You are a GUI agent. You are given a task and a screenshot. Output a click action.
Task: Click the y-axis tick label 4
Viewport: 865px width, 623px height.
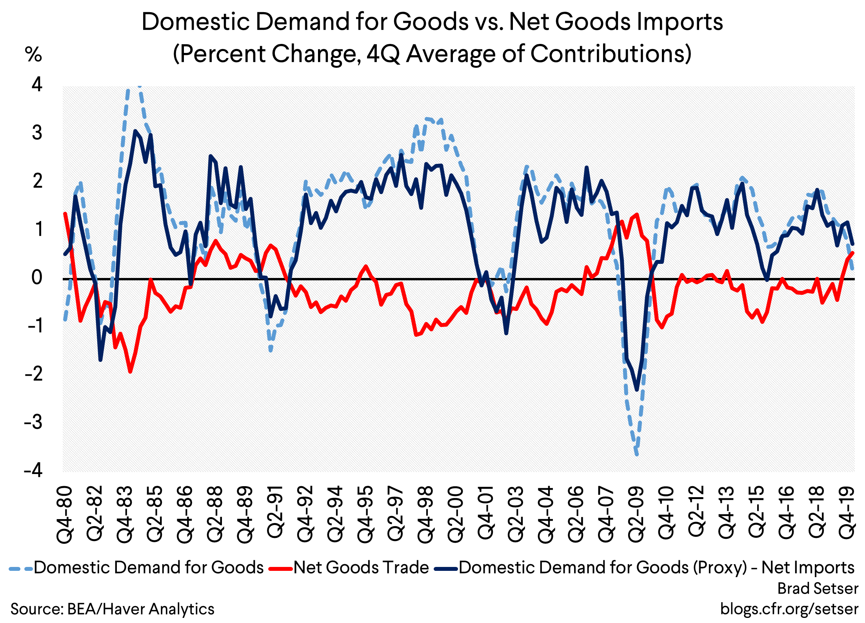coord(37,84)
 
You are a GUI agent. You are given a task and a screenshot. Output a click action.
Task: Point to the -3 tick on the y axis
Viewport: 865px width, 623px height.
coord(33,422)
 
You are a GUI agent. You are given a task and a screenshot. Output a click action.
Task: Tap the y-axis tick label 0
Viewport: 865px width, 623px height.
coord(37,278)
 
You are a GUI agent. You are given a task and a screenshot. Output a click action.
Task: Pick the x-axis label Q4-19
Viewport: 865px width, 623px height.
coord(847,515)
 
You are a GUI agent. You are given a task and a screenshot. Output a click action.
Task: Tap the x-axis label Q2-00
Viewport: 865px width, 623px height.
coord(456,515)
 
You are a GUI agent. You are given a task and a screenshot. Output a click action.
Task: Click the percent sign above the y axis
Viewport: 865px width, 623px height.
coord(33,54)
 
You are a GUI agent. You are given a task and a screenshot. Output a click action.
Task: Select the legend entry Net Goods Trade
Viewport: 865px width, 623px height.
coord(361,568)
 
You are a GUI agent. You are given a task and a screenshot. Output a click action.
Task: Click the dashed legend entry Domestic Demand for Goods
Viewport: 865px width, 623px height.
coord(148,568)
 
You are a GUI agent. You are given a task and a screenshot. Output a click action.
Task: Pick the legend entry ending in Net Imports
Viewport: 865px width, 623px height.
coord(656,568)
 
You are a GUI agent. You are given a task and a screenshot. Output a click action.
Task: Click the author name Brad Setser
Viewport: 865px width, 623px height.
coord(818,588)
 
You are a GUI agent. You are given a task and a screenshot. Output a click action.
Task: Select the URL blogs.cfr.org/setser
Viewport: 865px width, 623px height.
coord(789,609)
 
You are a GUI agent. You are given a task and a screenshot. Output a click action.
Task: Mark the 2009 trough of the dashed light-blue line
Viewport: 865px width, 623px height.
coord(636,454)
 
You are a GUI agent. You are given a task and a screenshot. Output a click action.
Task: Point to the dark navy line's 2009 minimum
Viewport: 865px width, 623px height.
coord(637,390)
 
